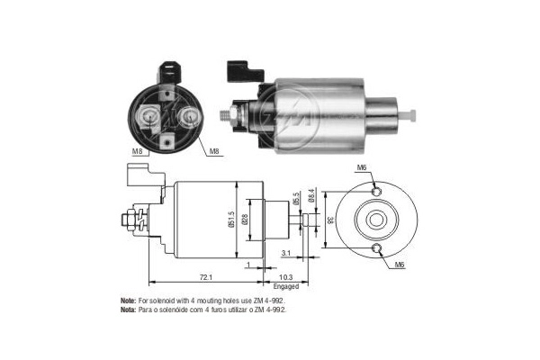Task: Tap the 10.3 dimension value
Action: point(286,276)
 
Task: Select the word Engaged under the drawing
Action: point(286,286)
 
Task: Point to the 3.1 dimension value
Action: point(286,253)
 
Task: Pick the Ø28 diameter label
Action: point(245,219)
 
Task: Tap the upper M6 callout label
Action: point(361,167)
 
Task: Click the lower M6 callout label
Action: point(399,265)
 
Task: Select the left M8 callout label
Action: point(137,151)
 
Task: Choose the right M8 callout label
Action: point(214,151)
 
